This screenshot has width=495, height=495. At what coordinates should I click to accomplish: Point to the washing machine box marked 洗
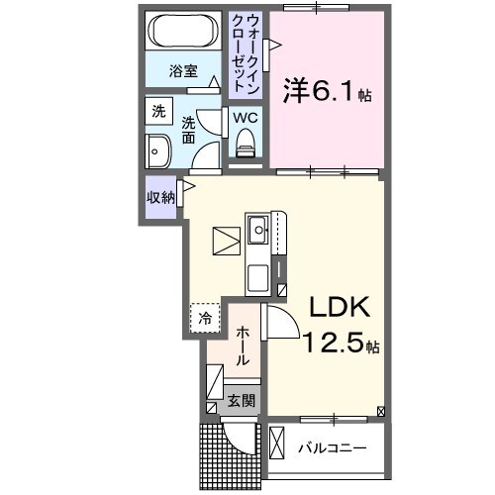158,112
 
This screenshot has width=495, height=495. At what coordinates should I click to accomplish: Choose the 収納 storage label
161,196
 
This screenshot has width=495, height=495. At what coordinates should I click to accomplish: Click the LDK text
335,308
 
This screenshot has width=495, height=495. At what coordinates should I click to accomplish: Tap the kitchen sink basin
257,234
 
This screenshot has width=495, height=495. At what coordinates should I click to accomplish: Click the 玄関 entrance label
241,401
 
